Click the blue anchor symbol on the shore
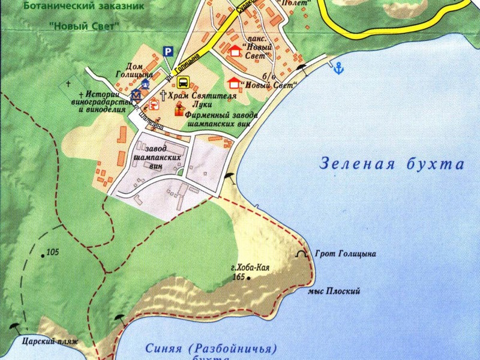coord(338,68)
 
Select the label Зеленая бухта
coord(392,164)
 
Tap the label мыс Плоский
coord(334,292)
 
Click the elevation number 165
coord(239,277)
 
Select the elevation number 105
coord(52,251)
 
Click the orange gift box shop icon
coord(179,110)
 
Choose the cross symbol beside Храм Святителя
coord(163,95)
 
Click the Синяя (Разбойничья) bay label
coord(212,349)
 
